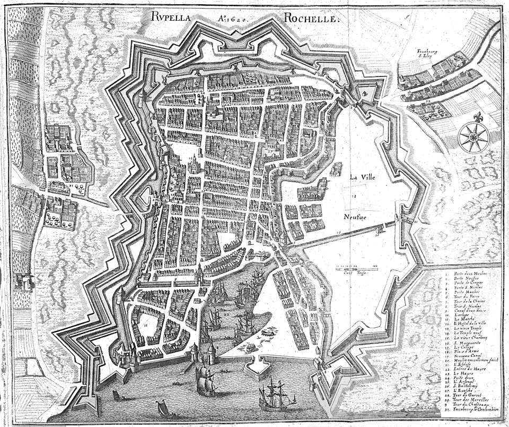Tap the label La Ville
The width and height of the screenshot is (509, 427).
coord(362,178)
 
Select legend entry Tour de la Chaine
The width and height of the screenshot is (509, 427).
coord(469,301)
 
